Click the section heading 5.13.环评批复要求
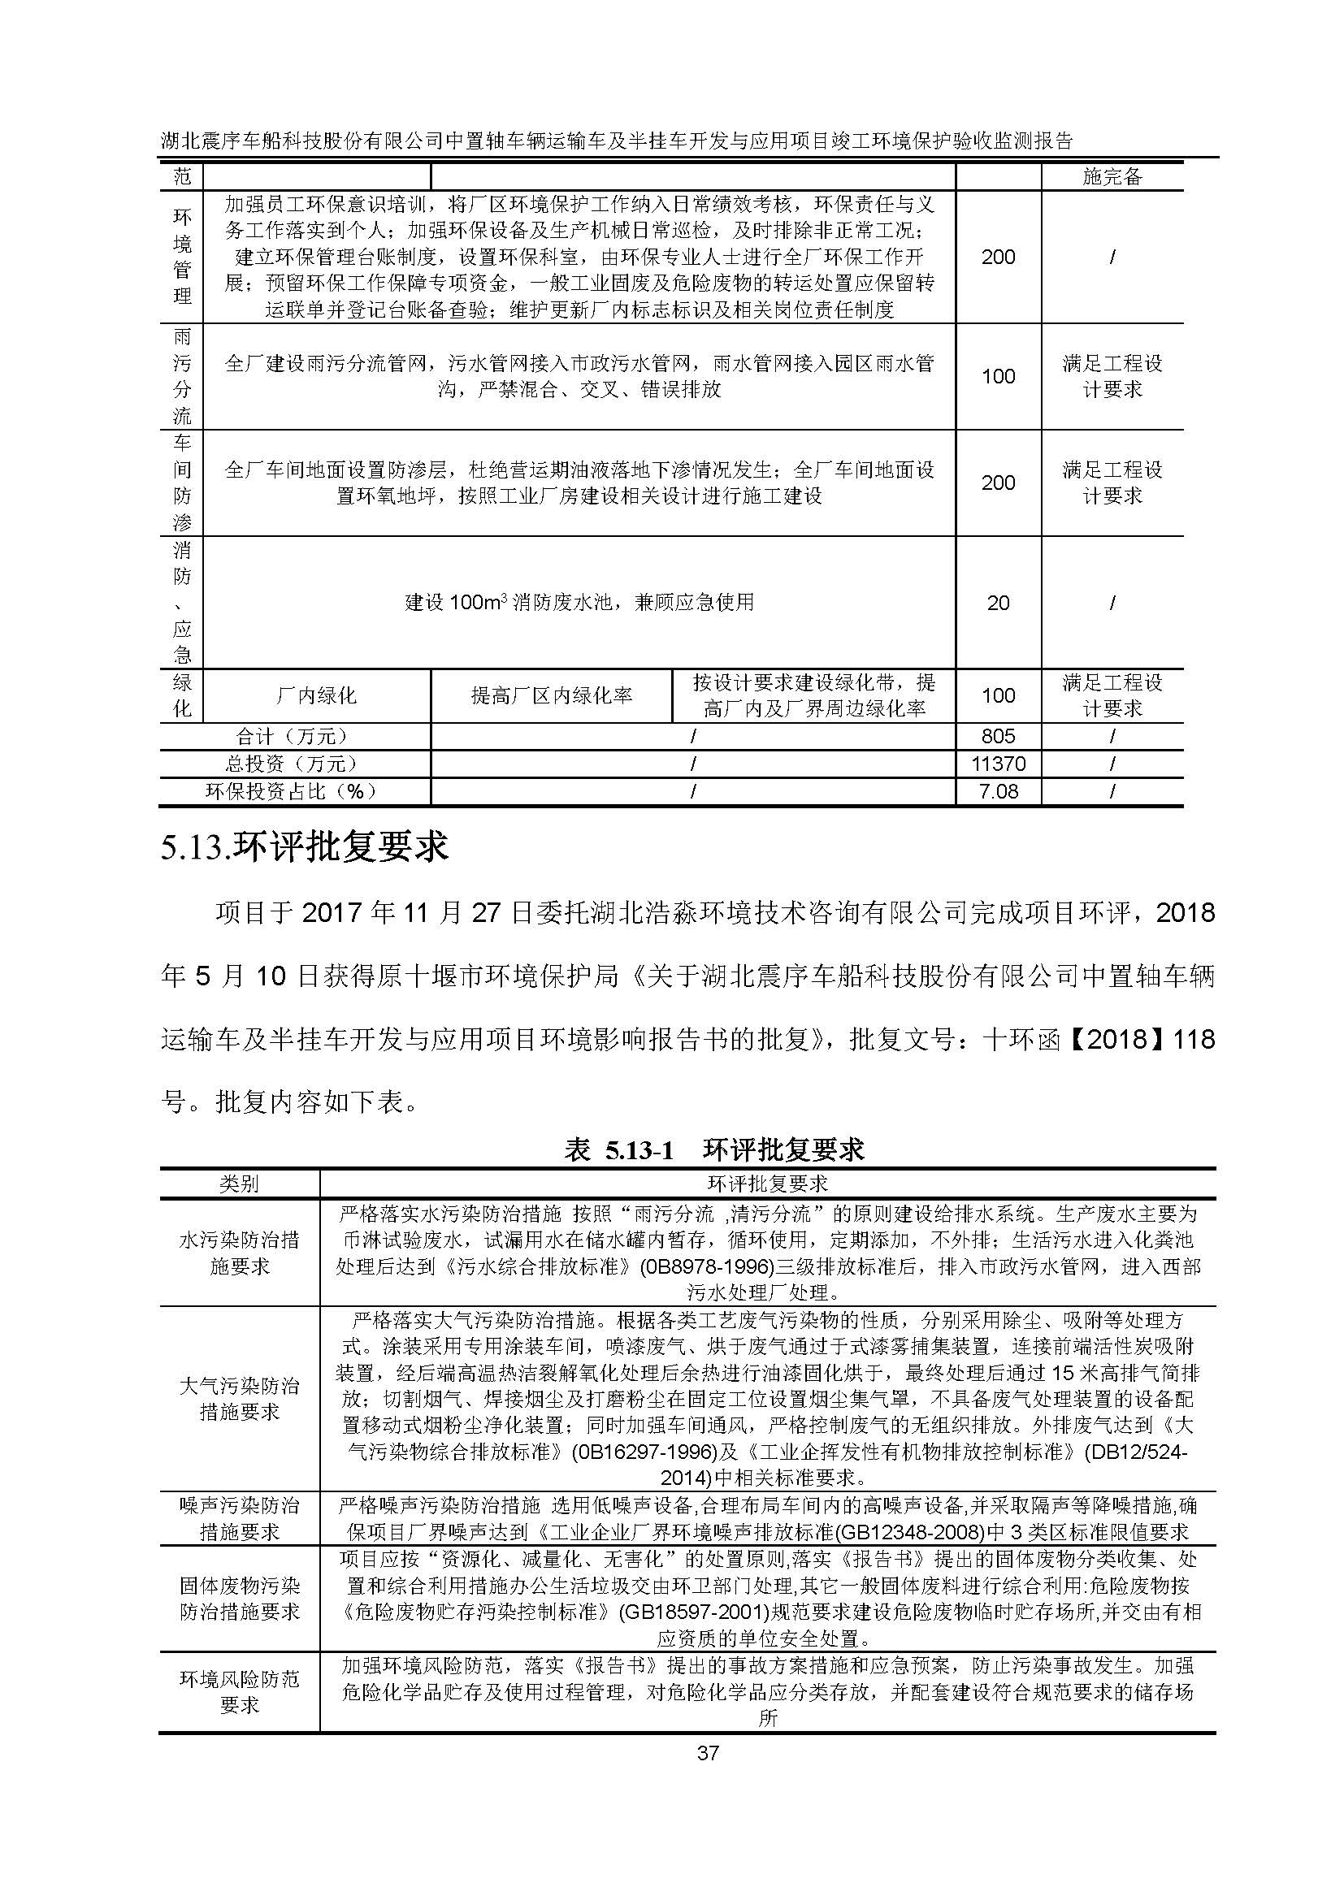(305, 847)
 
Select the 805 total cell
(997, 736)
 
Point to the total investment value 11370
(997, 763)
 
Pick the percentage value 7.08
(998, 791)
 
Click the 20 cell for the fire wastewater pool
(998, 603)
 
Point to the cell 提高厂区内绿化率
(551, 695)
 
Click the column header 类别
(238, 1184)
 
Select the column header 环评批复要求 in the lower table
(767, 1184)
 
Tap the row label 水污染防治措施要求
(238, 1253)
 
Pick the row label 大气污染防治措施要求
(238, 1399)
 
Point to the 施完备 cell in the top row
(1112, 176)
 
